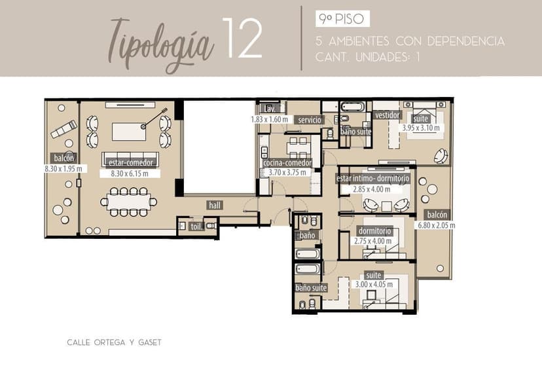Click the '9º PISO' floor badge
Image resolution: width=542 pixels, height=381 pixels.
[342, 19]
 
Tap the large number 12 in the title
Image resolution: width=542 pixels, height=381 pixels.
[242, 38]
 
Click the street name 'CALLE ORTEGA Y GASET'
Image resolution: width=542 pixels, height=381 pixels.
[114, 342]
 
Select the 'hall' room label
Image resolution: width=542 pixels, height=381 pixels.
[215, 206]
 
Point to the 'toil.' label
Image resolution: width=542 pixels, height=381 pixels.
[196, 227]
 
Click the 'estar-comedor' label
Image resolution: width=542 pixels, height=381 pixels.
[131, 162]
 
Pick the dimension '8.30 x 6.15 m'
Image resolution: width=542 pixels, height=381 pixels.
[130, 173]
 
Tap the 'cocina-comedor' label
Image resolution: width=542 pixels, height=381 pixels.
[287, 163]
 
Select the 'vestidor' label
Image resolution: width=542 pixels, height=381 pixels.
[388, 115]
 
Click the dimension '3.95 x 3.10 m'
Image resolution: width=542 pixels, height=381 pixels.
[421, 128]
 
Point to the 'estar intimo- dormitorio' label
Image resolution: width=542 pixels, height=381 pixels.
[372, 179]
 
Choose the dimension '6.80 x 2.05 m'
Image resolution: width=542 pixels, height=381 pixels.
[436, 225]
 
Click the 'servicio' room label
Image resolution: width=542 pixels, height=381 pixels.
[310, 120]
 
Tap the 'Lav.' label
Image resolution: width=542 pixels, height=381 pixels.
[270, 109]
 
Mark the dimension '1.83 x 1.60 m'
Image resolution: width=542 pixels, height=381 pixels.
[270, 119]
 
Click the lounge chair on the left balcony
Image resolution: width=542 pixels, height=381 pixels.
[64, 129]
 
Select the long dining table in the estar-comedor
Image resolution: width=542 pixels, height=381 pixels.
[129, 202]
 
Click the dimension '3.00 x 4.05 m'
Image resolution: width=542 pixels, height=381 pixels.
[374, 285]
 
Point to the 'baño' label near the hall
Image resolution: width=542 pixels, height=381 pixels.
[307, 236]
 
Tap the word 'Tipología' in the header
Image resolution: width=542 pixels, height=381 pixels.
[161, 45]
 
